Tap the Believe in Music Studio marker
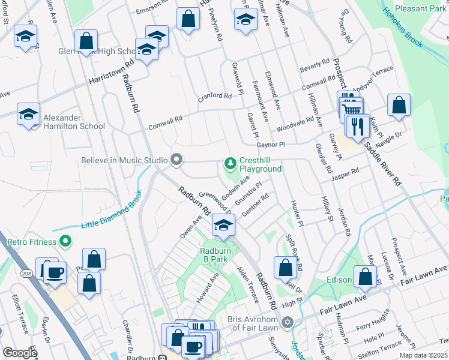(176, 160)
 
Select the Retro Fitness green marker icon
(65, 242)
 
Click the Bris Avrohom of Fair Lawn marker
(287, 323)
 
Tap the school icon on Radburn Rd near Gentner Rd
(223, 226)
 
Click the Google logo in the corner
(20, 352)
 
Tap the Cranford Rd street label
(215, 96)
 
